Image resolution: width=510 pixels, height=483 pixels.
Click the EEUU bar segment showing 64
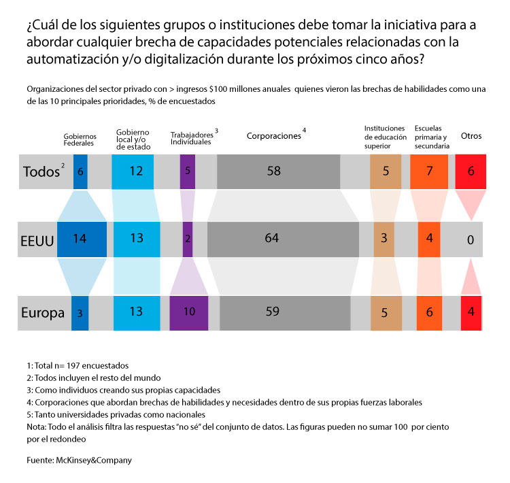[x=283, y=239]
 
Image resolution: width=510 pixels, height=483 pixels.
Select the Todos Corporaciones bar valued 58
[x=274, y=171]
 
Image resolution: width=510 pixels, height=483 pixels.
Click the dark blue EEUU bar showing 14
[x=80, y=239]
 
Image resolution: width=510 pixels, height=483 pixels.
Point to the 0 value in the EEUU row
[x=469, y=239]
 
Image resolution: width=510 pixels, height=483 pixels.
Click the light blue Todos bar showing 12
[x=136, y=171]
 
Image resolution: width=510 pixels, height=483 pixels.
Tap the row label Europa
[x=43, y=314]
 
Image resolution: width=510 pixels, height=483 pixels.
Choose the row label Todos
[x=41, y=171]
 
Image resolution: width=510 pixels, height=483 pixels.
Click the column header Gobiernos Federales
[x=80, y=139]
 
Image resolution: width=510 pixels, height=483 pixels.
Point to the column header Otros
[x=471, y=135]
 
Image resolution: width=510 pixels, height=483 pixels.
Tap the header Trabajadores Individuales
[x=193, y=137]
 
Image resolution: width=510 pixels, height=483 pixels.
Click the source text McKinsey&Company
[x=79, y=460]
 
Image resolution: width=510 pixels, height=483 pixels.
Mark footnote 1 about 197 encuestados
[x=78, y=365]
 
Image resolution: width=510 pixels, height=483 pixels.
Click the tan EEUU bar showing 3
[x=384, y=239]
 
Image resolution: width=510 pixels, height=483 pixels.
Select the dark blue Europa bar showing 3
[x=80, y=313]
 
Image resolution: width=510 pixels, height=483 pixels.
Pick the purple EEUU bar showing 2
[x=188, y=239]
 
